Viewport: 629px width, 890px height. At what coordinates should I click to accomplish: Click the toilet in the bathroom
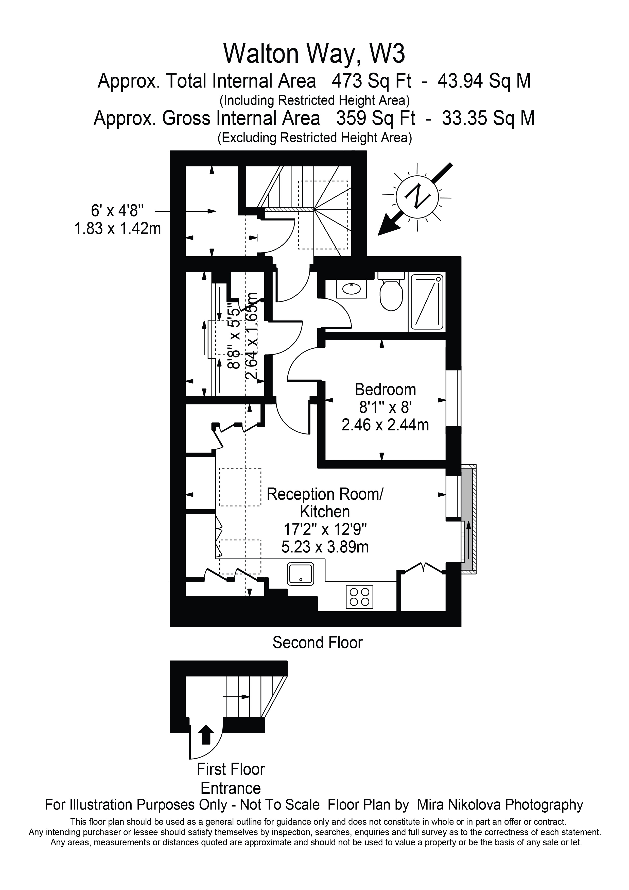tap(391, 295)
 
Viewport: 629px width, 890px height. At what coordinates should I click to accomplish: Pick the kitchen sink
tap(301, 574)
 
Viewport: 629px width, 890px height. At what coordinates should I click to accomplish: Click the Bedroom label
tap(385, 389)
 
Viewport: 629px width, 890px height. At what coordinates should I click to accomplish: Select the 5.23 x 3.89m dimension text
tap(325, 547)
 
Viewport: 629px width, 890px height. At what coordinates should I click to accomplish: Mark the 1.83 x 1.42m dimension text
tap(117, 229)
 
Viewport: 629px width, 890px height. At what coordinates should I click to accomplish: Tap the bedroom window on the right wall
tap(453, 398)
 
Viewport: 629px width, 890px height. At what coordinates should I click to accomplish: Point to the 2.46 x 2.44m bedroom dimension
tap(385, 425)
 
